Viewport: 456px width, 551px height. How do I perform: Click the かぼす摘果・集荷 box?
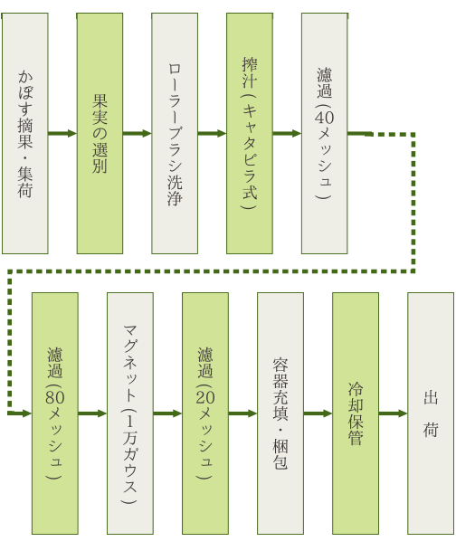point(25,133)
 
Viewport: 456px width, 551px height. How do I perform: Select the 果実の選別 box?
point(100,133)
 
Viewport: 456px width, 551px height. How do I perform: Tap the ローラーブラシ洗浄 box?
point(175,133)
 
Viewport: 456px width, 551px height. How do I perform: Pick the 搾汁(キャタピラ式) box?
point(250,133)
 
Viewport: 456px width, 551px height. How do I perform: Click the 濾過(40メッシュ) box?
point(324,133)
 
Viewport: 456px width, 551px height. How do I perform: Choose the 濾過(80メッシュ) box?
point(55,413)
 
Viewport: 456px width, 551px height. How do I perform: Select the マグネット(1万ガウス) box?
point(130,413)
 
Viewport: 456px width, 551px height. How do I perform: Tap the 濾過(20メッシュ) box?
point(205,413)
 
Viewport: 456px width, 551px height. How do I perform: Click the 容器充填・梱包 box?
point(280,413)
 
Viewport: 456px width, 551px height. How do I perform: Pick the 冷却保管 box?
point(356,413)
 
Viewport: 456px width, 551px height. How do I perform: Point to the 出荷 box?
point(431,413)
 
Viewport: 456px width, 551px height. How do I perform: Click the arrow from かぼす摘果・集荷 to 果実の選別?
point(62,133)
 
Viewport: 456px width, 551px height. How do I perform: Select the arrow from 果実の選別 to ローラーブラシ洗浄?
point(138,133)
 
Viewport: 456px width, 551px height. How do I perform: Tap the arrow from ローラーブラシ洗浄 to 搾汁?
point(213,133)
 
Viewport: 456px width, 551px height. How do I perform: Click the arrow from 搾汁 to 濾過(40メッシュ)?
point(287,133)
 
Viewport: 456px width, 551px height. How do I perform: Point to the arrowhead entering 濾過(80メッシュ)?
point(27,413)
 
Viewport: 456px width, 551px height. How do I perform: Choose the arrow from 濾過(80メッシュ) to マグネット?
point(92,413)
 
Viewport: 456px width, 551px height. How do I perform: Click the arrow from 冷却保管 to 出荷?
point(393,413)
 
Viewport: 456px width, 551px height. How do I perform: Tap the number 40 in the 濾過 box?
point(324,118)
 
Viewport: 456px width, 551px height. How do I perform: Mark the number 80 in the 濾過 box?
point(55,397)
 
